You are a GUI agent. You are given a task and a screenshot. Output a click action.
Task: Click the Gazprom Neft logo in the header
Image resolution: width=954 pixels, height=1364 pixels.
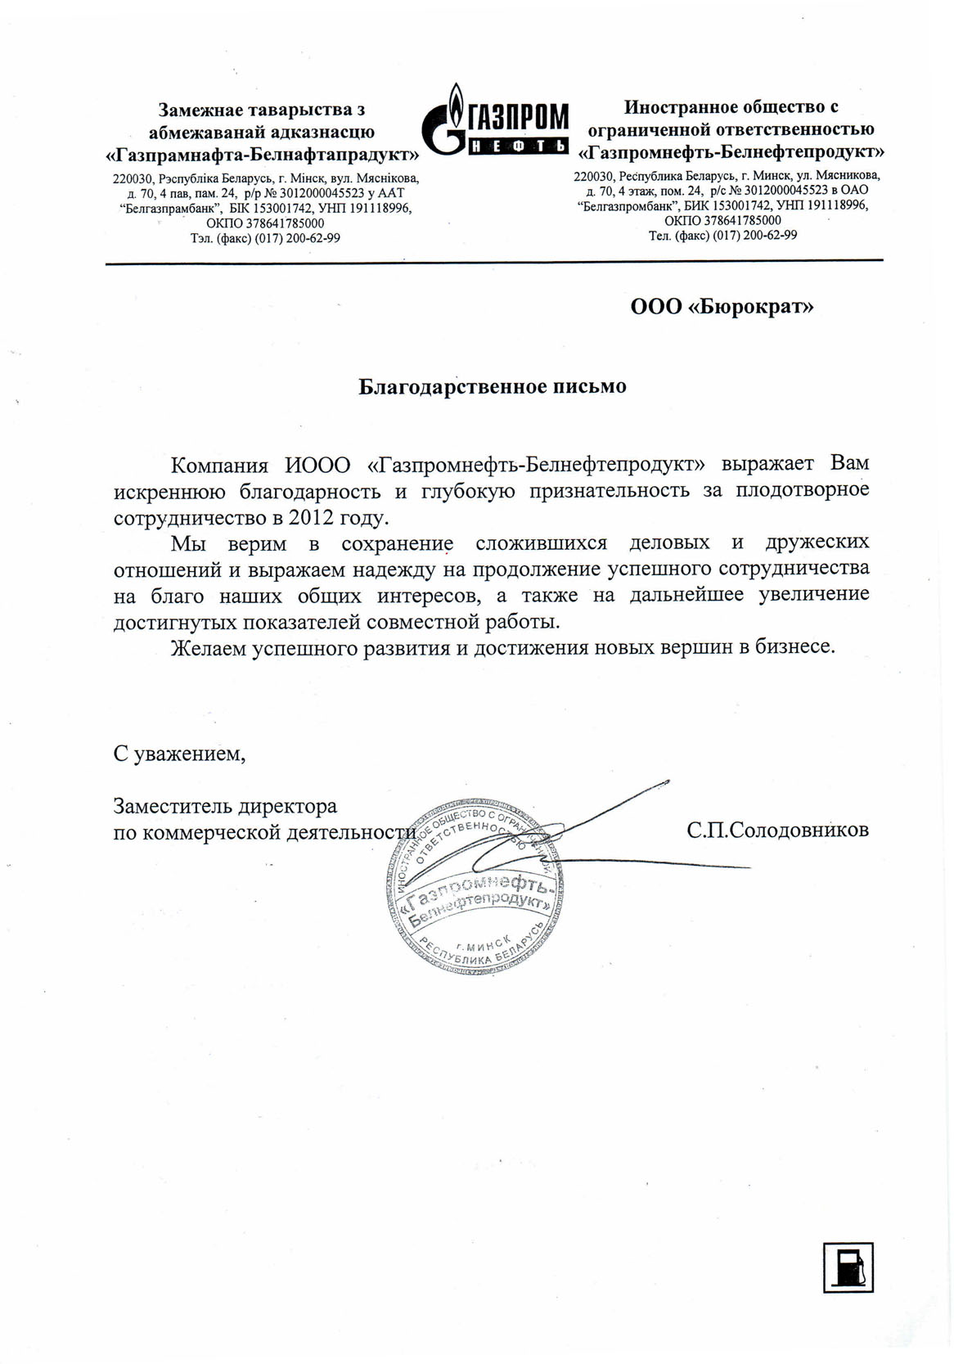point(494,120)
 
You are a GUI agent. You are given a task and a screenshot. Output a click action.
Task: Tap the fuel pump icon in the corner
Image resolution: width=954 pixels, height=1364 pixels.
point(848,1267)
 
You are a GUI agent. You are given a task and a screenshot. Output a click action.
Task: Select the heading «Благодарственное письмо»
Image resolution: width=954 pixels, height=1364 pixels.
point(493,386)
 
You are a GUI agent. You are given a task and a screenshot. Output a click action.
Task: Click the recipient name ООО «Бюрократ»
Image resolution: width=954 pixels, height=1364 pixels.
point(722,307)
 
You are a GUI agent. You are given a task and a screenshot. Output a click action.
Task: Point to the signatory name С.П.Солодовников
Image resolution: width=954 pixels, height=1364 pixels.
point(777,830)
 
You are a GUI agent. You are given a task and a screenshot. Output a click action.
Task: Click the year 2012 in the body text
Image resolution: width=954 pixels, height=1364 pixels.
point(313,517)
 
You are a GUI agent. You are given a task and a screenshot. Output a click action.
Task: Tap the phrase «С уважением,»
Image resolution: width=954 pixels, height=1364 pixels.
point(179,753)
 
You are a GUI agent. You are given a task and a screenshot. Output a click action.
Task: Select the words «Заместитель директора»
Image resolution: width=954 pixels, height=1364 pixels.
point(225,806)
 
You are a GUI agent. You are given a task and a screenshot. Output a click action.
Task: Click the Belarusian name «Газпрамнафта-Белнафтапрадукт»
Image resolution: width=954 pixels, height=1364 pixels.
point(263,154)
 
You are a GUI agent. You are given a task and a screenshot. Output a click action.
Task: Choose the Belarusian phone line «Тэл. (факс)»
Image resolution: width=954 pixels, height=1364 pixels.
point(265,238)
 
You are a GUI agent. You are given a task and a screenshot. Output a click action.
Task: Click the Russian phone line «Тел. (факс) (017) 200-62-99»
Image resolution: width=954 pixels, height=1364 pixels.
point(722,236)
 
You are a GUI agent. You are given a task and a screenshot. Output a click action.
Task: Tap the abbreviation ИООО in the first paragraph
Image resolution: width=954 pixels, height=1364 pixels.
point(317,465)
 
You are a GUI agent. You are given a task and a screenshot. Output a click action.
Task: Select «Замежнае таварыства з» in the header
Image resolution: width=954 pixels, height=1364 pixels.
point(262,110)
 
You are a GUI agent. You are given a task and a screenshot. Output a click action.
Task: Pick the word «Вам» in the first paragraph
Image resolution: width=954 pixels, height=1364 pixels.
point(849,463)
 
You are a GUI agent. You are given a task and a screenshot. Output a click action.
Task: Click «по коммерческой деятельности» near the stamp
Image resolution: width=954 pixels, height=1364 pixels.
point(264,832)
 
